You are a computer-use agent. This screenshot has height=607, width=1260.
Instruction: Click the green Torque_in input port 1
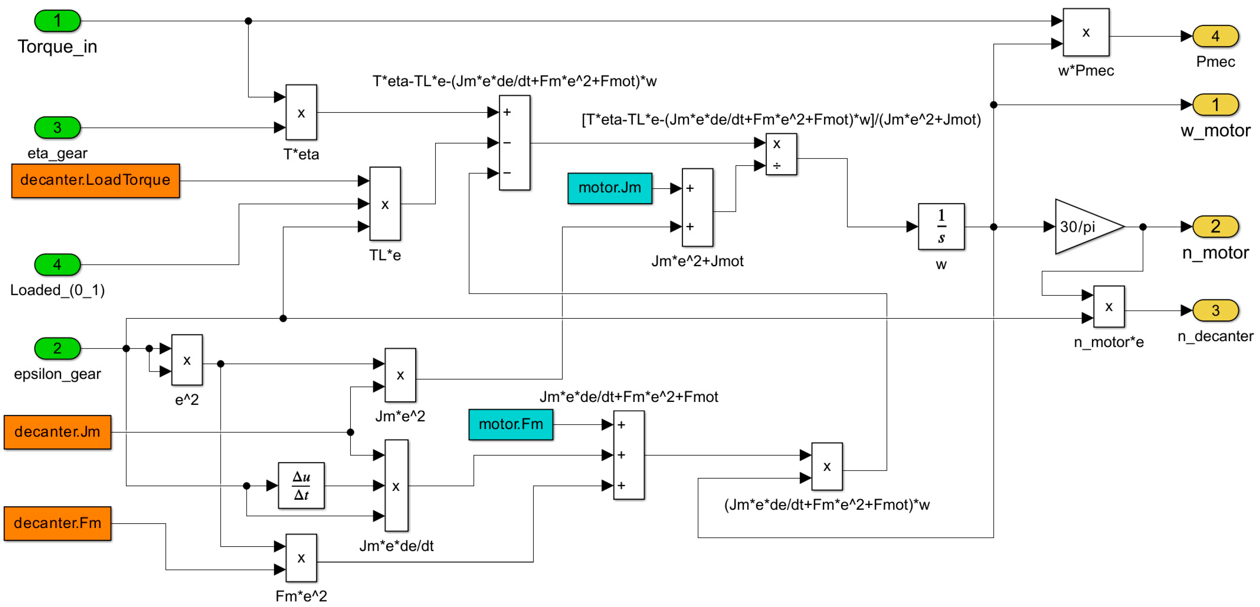[57, 21]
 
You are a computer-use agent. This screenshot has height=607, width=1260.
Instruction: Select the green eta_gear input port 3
[57, 128]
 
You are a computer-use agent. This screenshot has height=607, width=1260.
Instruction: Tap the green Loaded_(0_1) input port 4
[57, 265]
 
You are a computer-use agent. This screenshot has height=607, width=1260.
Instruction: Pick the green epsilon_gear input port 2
[57, 348]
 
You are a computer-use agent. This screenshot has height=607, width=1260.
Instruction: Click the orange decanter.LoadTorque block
[95, 180]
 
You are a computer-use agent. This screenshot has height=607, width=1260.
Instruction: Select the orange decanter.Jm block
[57, 432]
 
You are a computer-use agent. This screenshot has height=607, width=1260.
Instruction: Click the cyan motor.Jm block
[610, 188]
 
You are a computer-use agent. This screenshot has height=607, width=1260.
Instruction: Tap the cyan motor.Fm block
[511, 424]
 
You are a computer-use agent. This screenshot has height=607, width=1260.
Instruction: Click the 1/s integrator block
[941, 226]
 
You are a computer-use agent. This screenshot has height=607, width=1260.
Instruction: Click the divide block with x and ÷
[781, 154]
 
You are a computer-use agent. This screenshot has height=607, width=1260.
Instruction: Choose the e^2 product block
[187, 360]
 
